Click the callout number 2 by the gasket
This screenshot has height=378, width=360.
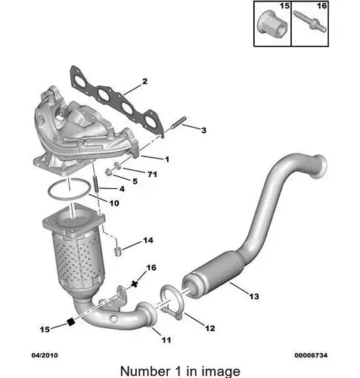pos(144,82)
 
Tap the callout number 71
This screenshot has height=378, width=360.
pos(152,174)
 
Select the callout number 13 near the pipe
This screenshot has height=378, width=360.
pos(254,296)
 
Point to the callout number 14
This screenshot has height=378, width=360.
pos(148,240)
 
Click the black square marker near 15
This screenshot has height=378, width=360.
pos(71,322)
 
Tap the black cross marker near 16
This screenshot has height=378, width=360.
pos(135,284)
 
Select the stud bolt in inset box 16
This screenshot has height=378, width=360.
pos(310,21)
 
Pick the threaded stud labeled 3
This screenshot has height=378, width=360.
pos(178,122)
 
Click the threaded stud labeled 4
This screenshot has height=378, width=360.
pos(96,184)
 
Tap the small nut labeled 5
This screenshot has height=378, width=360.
pos(109,172)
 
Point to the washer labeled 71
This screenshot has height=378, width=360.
pos(117,166)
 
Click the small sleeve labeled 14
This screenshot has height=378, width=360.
pos(118,252)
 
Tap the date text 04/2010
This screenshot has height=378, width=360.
pos(45,355)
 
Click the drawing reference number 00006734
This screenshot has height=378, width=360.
pos(311,355)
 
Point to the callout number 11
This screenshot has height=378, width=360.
pos(166,340)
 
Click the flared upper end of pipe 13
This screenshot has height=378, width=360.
pos(318,166)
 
